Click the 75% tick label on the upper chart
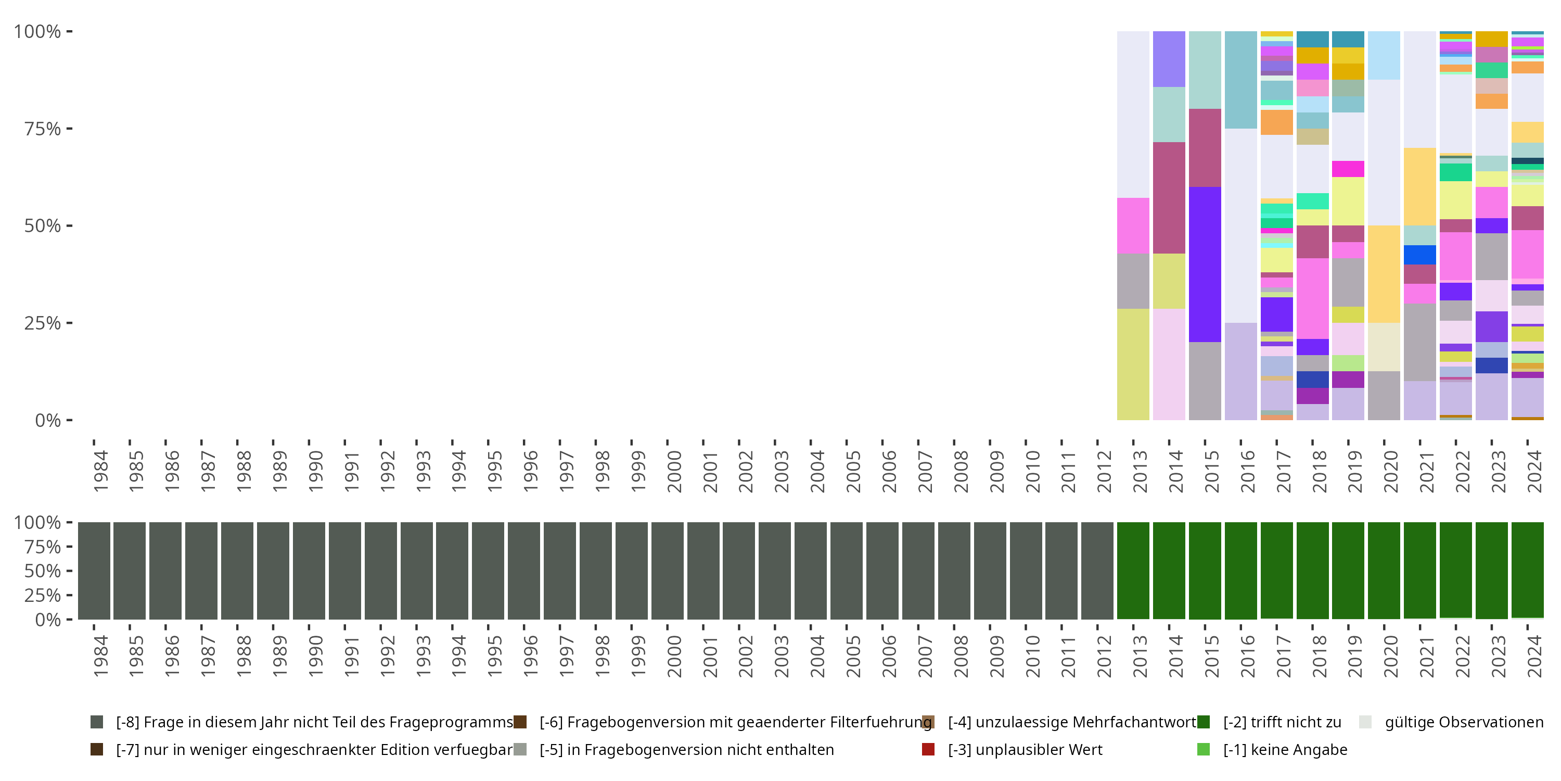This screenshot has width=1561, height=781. pos(43,129)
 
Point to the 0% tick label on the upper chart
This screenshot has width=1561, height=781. pos(47,420)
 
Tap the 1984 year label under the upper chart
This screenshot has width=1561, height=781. pos(100,471)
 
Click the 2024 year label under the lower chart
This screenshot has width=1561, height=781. pos(1534,656)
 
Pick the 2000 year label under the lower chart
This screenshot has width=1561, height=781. pos(674,656)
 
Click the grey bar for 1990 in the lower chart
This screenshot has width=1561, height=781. pos(309,571)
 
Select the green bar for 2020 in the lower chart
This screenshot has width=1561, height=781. pos(1384,571)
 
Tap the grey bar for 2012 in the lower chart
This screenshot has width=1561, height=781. pos(1097,571)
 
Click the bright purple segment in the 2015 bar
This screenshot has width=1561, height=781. pos(1205,264)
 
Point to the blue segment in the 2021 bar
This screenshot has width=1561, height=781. pos(1420,255)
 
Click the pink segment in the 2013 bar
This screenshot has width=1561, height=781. pos(1133,225)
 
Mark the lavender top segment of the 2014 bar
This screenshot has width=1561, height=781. pos(1169,59)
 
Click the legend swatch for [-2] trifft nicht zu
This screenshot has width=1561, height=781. pos(1204,722)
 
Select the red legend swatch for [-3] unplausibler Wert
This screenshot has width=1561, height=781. pos(928,749)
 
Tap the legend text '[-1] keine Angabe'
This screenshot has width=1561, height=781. pos(1285,749)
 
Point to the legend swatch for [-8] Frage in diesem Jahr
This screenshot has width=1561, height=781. pos(96,722)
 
